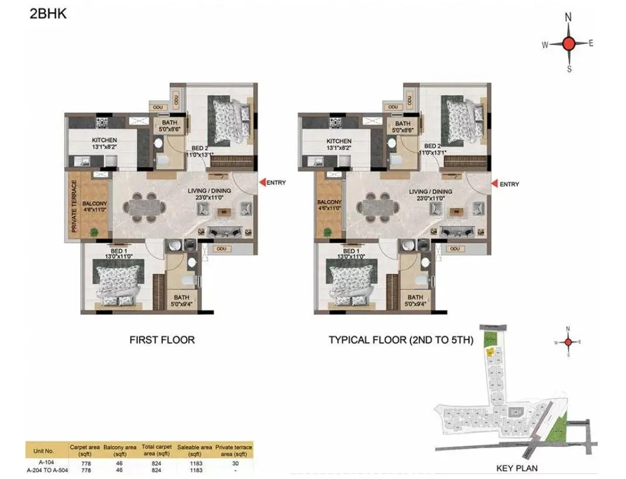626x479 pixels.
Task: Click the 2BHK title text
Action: (47, 14)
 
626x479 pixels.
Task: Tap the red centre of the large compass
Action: (568, 43)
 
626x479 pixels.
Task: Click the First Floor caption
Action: (162, 339)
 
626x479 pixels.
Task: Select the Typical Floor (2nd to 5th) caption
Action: (400, 340)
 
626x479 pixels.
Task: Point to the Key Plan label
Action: (516, 468)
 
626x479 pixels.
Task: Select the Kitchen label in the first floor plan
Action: (104, 140)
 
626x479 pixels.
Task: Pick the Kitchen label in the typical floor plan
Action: (338, 141)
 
